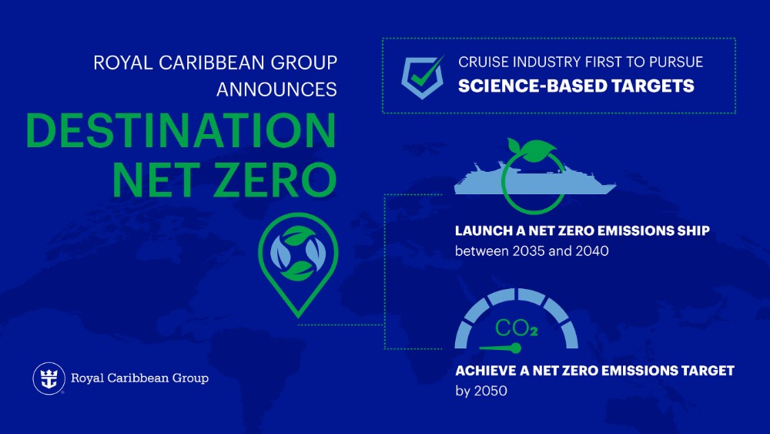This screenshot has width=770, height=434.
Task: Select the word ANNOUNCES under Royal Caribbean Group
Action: (276, 89)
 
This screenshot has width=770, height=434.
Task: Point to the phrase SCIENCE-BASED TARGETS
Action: (576, 86)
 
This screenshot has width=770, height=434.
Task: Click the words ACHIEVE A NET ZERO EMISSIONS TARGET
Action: (594, 371)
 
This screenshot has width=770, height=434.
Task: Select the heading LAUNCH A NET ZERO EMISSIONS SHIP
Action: (582, 231)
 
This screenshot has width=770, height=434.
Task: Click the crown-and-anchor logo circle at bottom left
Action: (48, 378)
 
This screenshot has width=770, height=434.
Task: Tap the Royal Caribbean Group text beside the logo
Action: (139, 378)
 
